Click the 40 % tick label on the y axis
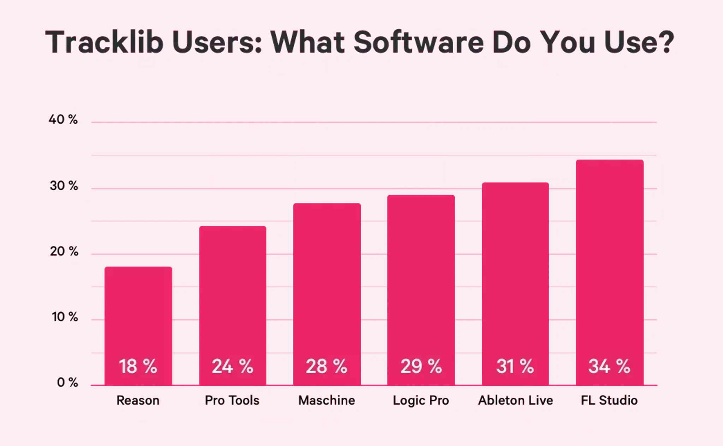click(63, 120)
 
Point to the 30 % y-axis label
click(64, 185)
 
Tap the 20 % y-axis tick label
click(64, 251)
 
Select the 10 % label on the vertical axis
click(65, 317)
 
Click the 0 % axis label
click(67, 382)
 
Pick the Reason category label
click(138, 401)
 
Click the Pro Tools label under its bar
click(232, 401)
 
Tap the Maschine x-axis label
click(327, 401)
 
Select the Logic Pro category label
click(421, 401)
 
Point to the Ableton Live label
click(515, 401)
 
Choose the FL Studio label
click(609, 401)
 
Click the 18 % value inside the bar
click(138, 366)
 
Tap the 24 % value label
click(232, 366)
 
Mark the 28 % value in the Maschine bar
click(327, 366)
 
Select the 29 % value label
click(421, 366)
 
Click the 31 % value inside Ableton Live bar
click(515, 366)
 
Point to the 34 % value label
click(609, 366)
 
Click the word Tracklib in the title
click(104, 42)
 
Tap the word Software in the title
click(419, 42)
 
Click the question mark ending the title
click(666, 42)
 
